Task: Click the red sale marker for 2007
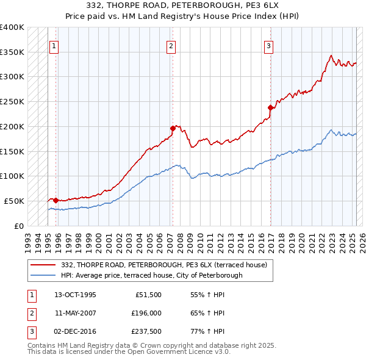pos(173,128)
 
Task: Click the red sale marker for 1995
pos(56,200)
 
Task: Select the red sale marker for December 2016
pos(270,107)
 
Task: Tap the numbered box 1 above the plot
pos(54,45)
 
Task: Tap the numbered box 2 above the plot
pos(171,45)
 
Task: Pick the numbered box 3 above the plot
pos(268,45)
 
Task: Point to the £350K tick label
pos(12,52)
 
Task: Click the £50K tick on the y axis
pos(15,201)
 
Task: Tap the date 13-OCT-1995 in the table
pos(76,295)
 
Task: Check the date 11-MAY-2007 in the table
pos(76,313)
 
